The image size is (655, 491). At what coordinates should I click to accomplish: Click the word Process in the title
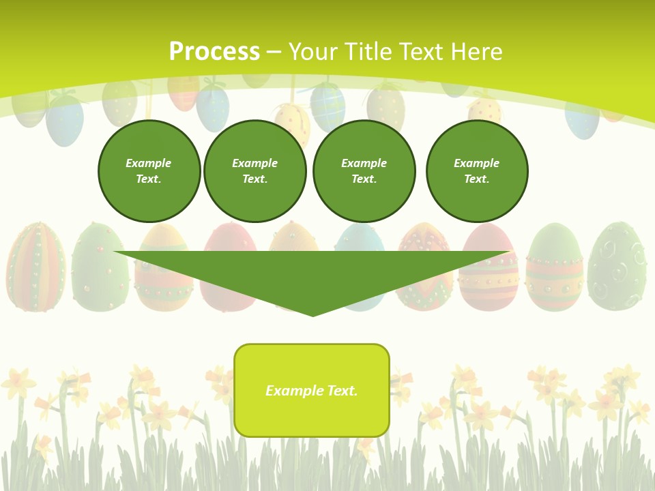(214, 51)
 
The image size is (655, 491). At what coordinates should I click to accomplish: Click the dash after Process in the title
(274, 52)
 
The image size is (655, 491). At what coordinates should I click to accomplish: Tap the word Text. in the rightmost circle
(477, 179)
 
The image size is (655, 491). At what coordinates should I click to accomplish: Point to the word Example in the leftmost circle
(149, 163)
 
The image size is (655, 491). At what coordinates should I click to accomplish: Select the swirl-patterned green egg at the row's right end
(617, 266)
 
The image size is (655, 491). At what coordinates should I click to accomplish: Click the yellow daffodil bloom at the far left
(18, 383)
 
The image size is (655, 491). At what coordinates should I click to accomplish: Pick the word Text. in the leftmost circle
(149, 179)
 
